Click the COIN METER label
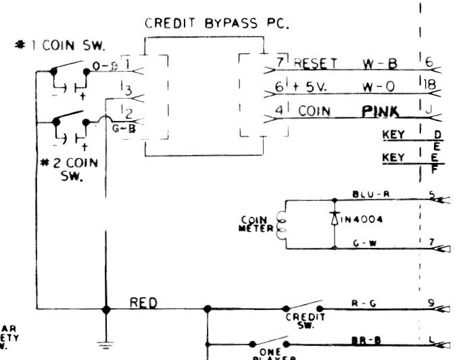(x=255, y=224)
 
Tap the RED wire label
(x=144, y=302)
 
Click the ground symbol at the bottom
(x=105, y=345)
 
